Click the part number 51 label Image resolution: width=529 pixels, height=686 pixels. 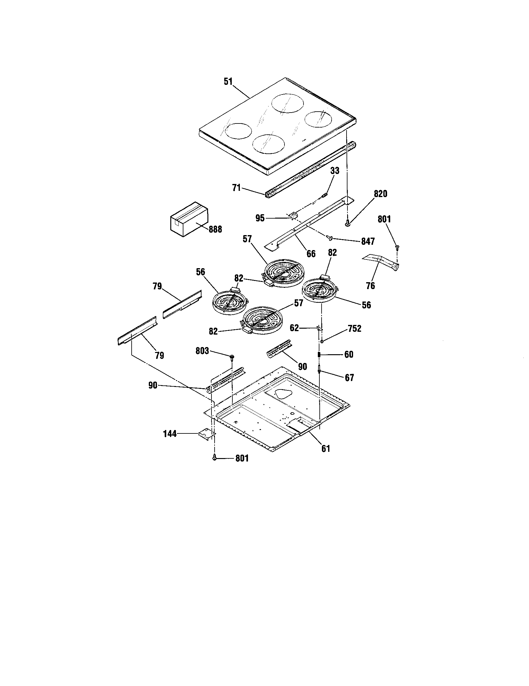[228, 81]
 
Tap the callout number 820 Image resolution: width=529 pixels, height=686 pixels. [380, 194]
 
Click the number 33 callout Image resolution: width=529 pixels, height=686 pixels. [335, 171]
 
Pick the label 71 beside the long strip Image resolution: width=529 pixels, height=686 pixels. [236, 188]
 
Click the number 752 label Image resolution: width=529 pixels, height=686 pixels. [354, 329]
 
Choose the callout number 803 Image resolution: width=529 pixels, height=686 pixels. [202, 351]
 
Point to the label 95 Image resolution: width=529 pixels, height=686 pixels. [260, 218]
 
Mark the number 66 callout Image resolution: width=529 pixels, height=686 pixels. [311, 254]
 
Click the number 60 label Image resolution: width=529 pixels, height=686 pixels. [349, 355]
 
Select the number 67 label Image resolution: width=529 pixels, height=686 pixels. [349, 378]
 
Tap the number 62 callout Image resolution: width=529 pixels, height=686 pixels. [294, 328]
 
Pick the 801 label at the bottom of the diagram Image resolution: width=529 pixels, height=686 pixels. [242, 459]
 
